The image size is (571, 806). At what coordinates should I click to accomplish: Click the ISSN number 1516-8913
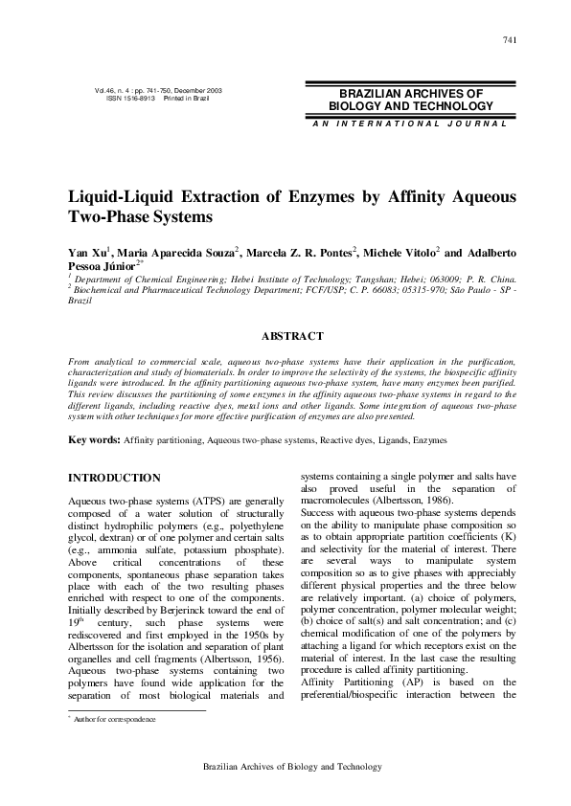139,99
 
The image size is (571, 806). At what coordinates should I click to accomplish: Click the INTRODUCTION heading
114,478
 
